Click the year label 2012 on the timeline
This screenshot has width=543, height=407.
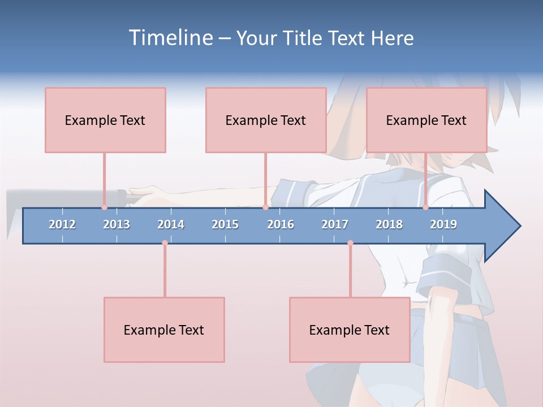coord(62,224)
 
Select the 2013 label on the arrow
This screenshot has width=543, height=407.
coord(117,224)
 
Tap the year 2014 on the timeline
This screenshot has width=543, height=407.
coord(171,224)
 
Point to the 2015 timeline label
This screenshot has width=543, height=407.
coord(225,224)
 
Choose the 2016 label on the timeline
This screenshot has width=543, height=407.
coord(281,224)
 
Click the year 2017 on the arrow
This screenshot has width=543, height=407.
coord(335,224)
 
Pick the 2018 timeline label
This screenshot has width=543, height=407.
coord(389,224)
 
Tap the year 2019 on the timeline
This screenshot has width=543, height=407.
coord(443,224)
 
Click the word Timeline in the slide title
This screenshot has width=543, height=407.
coord(170,38)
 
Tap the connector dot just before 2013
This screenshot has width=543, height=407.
coord(104,207)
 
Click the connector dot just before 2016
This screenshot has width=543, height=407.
coord(265,207)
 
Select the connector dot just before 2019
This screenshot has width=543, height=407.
coord(426,207)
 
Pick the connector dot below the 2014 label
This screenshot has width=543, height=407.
coord(165,243)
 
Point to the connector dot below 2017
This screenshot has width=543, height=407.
coord(350,243)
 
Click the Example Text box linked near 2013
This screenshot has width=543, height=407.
coord(105,120)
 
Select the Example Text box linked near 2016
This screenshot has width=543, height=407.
coord(266,120)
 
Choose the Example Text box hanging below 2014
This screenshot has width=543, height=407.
coord(164,330)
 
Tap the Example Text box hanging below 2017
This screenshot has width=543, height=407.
coord(350,330)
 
